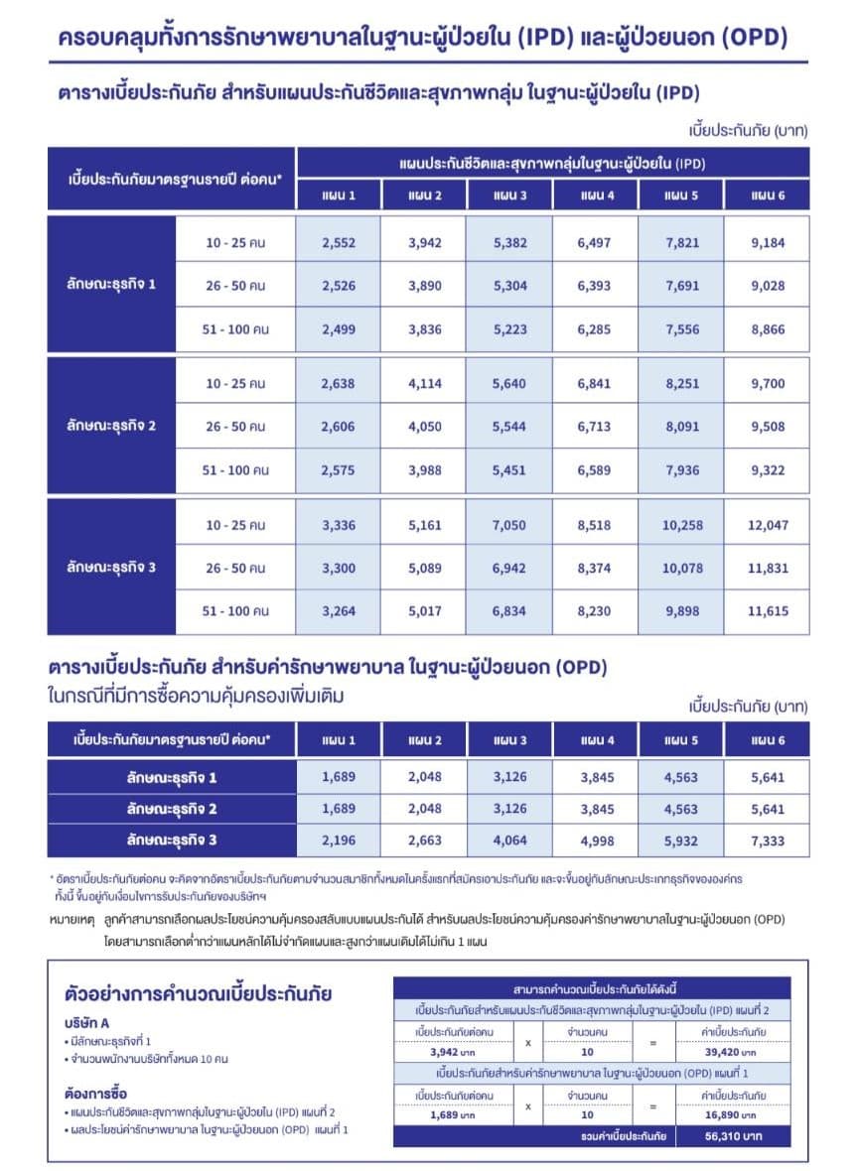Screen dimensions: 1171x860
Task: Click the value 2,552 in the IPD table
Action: pos(339,243)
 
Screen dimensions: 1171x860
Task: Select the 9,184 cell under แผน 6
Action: pos(768,243)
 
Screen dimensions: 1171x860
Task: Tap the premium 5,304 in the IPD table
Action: pos(509,286)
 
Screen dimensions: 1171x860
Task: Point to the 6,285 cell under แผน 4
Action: pos(596,328)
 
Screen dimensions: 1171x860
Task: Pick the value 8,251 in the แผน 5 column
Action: pos(682,383)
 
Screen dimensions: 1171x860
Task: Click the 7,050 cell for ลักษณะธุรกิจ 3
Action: pos(509,525)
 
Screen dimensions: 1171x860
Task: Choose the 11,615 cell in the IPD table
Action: pos(768,611)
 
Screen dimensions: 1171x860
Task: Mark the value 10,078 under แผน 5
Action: pos(682,568)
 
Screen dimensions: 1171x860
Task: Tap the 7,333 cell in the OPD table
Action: pos(768,842)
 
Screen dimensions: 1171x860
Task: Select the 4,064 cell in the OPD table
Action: pos(509,842)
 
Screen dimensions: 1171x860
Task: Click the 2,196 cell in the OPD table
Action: pos(339,842)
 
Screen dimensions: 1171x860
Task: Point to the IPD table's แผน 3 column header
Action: pos(509,195)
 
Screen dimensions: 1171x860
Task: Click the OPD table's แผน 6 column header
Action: pos(768,739)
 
